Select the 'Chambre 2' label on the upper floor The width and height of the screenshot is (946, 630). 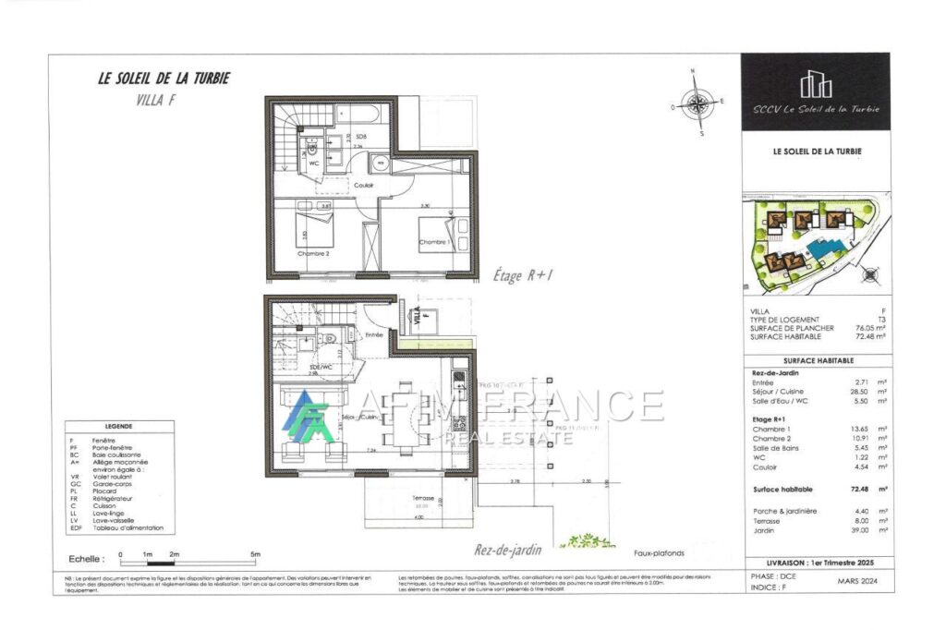pos(313,252)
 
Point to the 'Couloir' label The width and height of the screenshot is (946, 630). pos(364,185)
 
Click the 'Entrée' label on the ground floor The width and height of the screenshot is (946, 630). pos(373,334)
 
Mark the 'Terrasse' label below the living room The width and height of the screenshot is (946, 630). pos(423,498)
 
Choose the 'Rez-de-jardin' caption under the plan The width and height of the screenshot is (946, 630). pos(509,548)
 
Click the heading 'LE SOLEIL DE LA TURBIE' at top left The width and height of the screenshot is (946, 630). pos(164,79)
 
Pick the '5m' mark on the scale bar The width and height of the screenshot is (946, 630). pos(255,554)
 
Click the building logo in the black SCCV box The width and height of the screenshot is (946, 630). pos(815,85)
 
